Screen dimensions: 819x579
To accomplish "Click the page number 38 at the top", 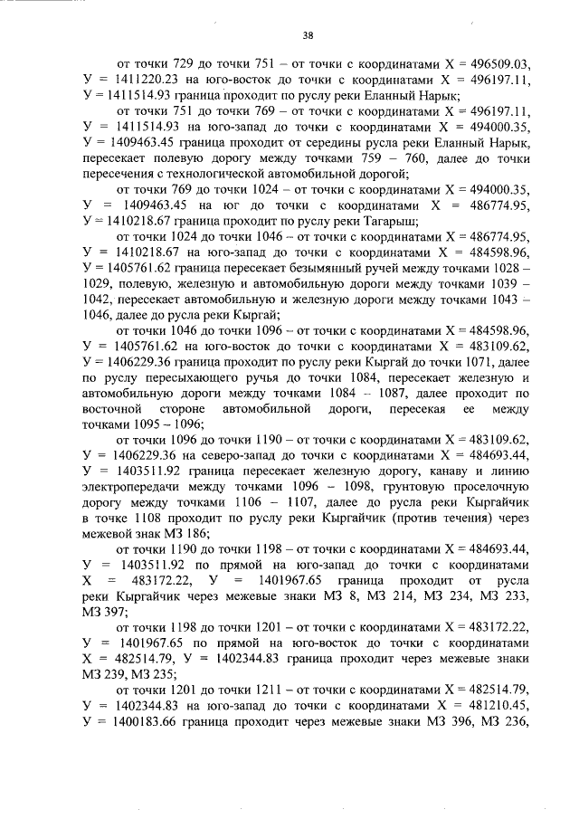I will click(x=308, y=36).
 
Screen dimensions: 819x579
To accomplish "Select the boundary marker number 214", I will click(x=365, y=596).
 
